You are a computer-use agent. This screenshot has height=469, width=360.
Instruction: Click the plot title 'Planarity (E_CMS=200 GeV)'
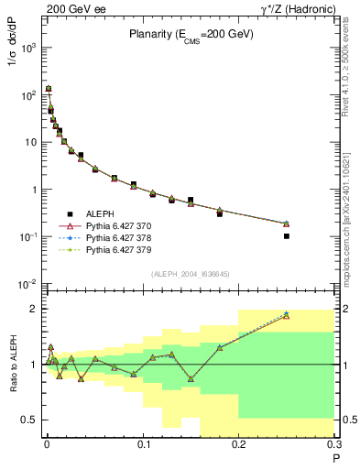click(x=191, y=34)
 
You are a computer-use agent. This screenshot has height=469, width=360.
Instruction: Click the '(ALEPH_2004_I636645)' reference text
click(x=190, y=274)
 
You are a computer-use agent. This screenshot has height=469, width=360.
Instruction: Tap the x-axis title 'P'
click(x=335, y=455)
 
